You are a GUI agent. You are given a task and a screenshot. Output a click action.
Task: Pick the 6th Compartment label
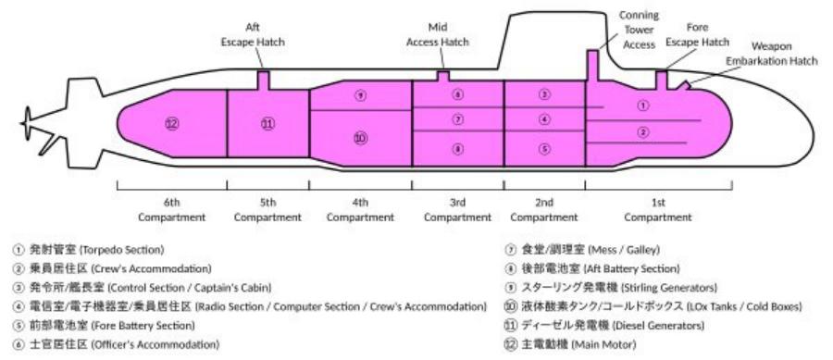[x=172, y=210]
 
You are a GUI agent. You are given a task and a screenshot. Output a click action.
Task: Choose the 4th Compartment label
[x=361, y=210]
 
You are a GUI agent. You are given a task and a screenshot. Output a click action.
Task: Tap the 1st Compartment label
[x=658, y=210]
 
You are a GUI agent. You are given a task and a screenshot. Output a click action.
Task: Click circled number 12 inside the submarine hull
[x=171, y=123]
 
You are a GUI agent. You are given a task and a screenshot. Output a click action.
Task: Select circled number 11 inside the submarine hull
[x=267, y=123]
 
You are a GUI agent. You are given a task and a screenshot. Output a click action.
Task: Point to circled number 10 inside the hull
[x=361, y=138]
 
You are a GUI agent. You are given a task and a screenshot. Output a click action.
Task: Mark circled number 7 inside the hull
[x=457, y=119]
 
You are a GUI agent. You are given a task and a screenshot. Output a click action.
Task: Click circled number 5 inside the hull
[x=544, y=148]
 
